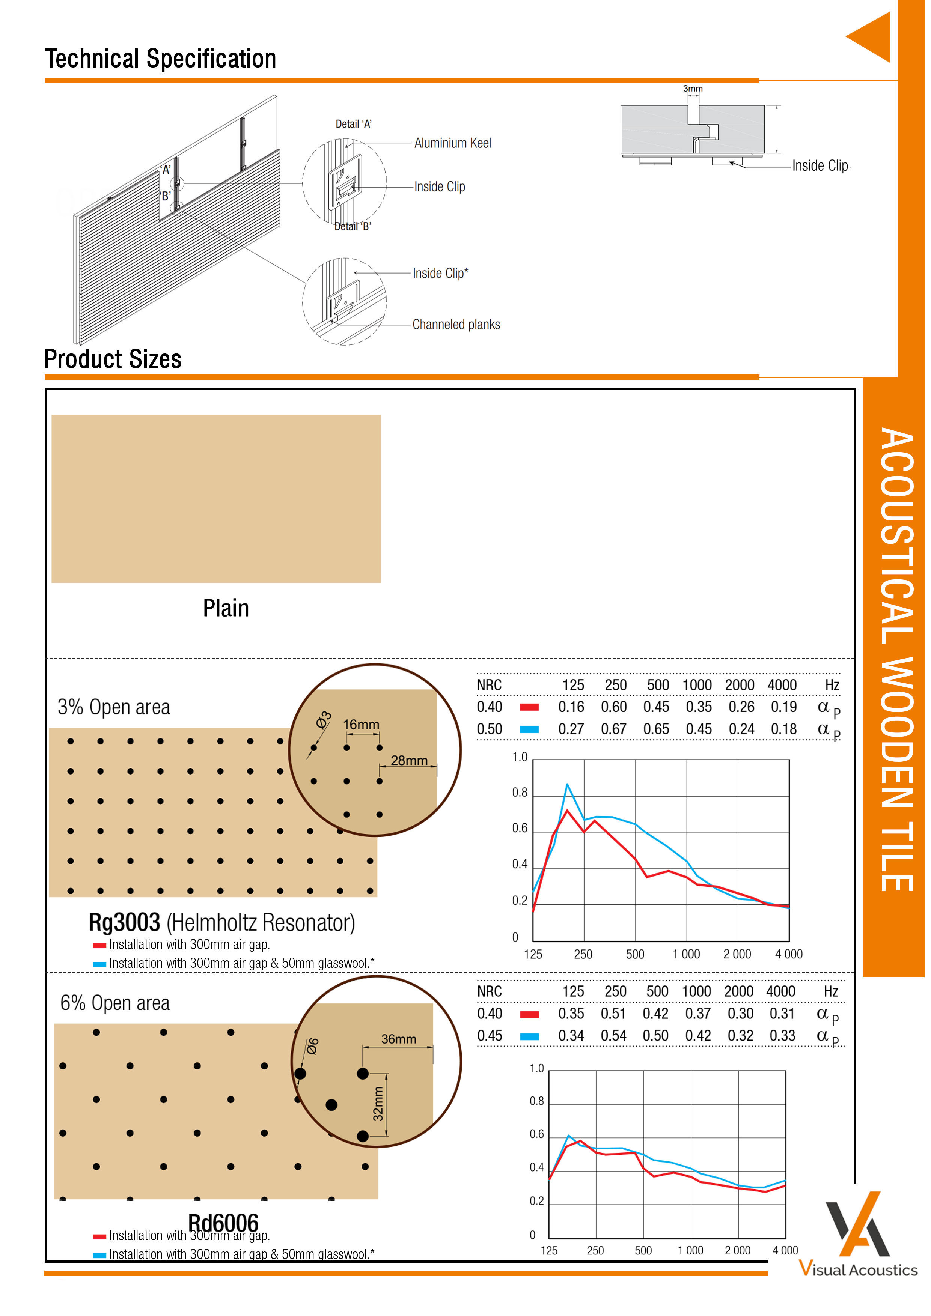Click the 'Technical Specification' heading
click(161, 59)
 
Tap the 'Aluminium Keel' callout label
click(452, 143)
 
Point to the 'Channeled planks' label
click(456, 325)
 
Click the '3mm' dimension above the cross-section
click(693, 89)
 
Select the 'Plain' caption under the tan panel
click(226, 608)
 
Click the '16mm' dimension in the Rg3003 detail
click(361, 725)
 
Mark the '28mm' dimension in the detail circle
click(409, 761)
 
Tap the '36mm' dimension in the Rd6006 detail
click(398, 1039)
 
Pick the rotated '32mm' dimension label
click(378, 1104)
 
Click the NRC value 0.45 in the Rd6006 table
click(490, 1036)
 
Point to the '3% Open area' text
click(113, 707)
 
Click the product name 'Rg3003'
click(124, 923)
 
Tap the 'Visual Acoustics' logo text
click(858, 1269)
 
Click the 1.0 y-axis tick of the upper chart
click(520, 757)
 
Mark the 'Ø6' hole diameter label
click(312, 1047)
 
